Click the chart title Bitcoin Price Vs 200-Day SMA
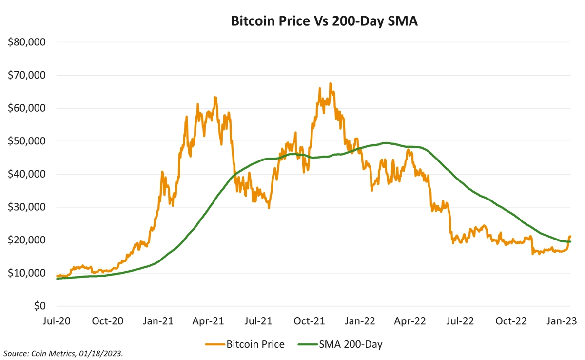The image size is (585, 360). [x=324, y=21]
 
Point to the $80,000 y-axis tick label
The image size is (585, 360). [x=27, y=42]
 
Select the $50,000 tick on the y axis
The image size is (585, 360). [x=27, y=141]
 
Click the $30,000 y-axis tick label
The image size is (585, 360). [x=27, y=207]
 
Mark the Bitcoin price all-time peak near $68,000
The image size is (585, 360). [x=331, y=83]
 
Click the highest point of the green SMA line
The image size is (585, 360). [x=386, y=143]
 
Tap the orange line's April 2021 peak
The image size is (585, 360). [x=215, y=97]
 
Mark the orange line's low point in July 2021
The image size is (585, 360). [x=269, y=208]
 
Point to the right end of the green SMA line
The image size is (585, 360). [x=570, y=242]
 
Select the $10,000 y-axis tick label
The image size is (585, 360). [x=27, y=273]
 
